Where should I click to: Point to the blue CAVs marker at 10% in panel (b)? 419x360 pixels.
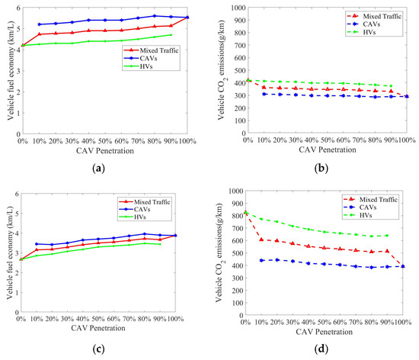263,93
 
